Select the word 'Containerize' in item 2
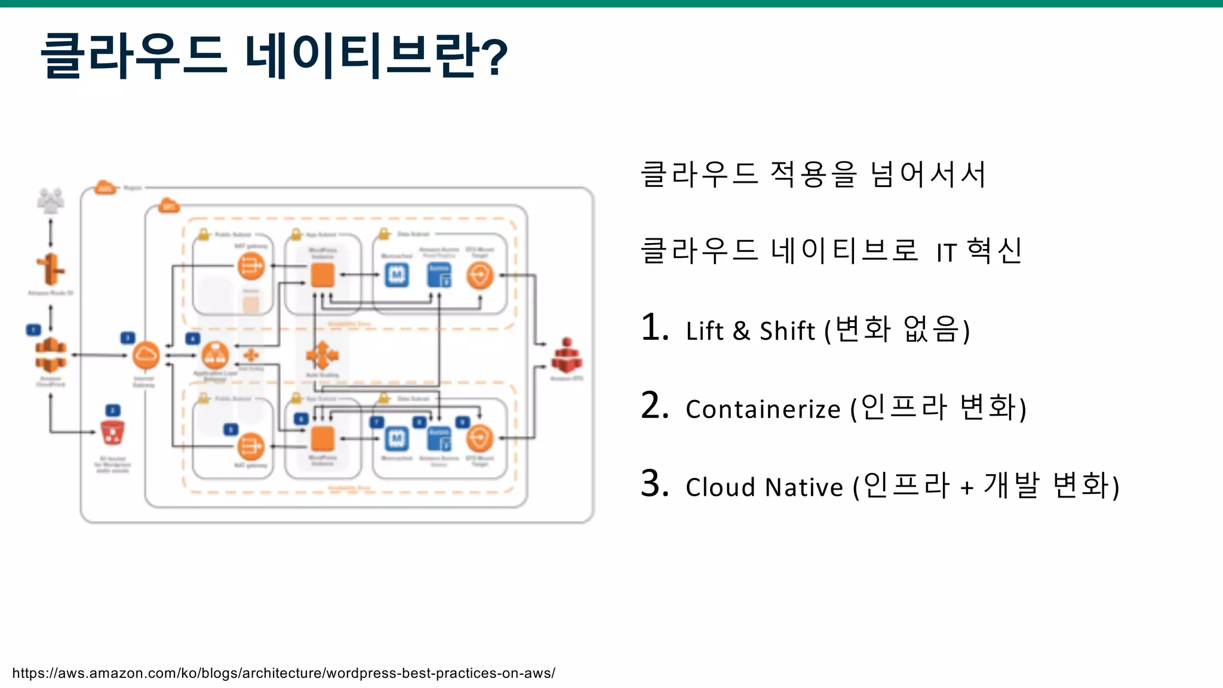point(763,410)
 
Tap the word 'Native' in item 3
point(804,487)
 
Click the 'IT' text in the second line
point(947,253)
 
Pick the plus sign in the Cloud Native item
point(967,489)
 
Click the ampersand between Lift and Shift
point(741,331)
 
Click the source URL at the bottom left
point(284,673)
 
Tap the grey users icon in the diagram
point(51,201)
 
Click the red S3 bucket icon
point(112,432)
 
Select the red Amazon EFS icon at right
point(566,356)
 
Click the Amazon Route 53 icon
point(51,269)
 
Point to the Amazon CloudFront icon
point(51,355)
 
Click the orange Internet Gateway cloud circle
point(146,356)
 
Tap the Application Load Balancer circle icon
point(215,356)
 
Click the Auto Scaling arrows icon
point(322,356)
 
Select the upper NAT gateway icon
point(251,266)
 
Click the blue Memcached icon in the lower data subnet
point(397,439)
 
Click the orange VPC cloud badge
point(169,206)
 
